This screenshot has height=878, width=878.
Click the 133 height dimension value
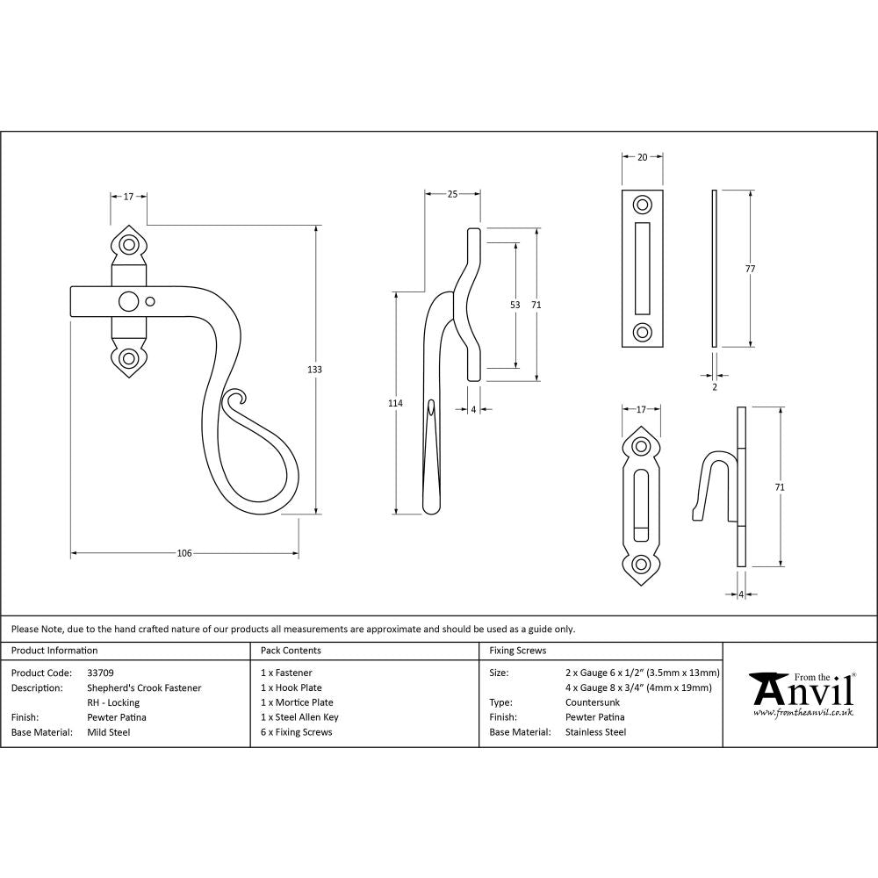click(314, 370)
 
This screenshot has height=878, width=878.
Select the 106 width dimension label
click(184, 553)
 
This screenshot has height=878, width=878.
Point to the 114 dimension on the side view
click(395, 403)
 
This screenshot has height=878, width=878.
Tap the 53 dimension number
click(515, 305)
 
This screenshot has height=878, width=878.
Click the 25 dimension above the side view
click(452, 194)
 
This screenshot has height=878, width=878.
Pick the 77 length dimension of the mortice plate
click(750, 269)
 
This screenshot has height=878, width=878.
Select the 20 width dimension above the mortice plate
click(642, 157)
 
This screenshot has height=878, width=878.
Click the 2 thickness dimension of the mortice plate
click(714, 386)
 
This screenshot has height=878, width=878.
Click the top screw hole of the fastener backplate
click(130, 244)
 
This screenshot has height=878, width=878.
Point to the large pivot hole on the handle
click(129, 301)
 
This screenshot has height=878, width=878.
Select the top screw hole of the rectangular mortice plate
click(643, 205)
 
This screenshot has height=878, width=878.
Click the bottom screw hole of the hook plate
click(643, 564)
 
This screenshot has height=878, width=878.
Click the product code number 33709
click(100, 673)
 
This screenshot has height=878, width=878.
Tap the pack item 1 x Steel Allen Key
click(299, 717)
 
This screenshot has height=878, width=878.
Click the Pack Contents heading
click(291, 651)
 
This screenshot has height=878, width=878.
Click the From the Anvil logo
click(801, 694)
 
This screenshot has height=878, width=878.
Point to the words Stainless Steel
click(596, 732)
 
